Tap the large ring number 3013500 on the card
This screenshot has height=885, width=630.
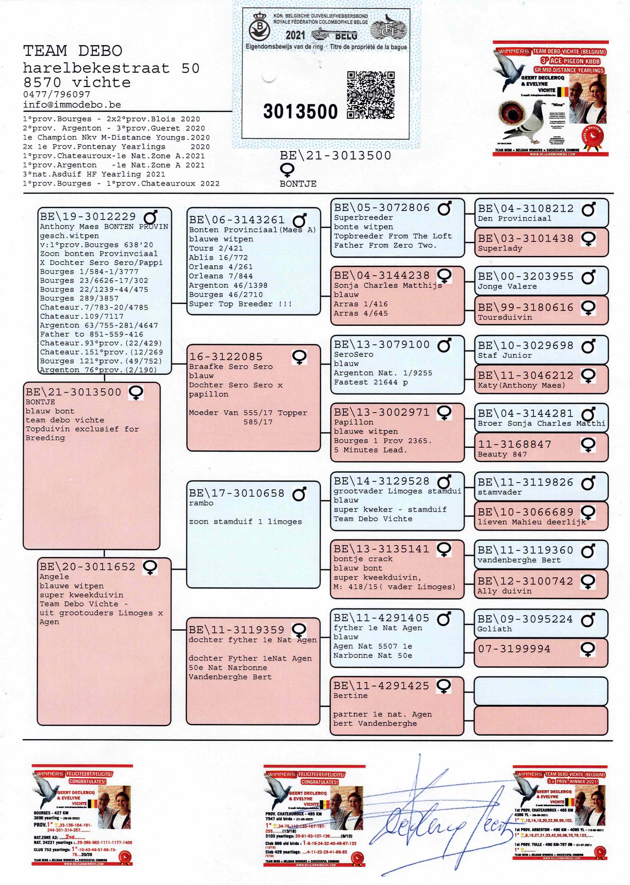coord(300,112)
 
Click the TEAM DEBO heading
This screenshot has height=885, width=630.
coord(73,51)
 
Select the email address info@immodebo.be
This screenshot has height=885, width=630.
coord(72,105)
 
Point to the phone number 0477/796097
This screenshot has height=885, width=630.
coord(57,94)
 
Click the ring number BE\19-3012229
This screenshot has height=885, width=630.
coord(88,216)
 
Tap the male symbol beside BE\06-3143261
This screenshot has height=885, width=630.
coord(300,220)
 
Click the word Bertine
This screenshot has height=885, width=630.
coord(350,696)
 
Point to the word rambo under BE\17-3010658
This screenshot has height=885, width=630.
coord(201,503)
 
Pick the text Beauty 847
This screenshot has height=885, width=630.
coord(502,454)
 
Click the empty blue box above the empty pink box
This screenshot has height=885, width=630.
coord(540,691)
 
